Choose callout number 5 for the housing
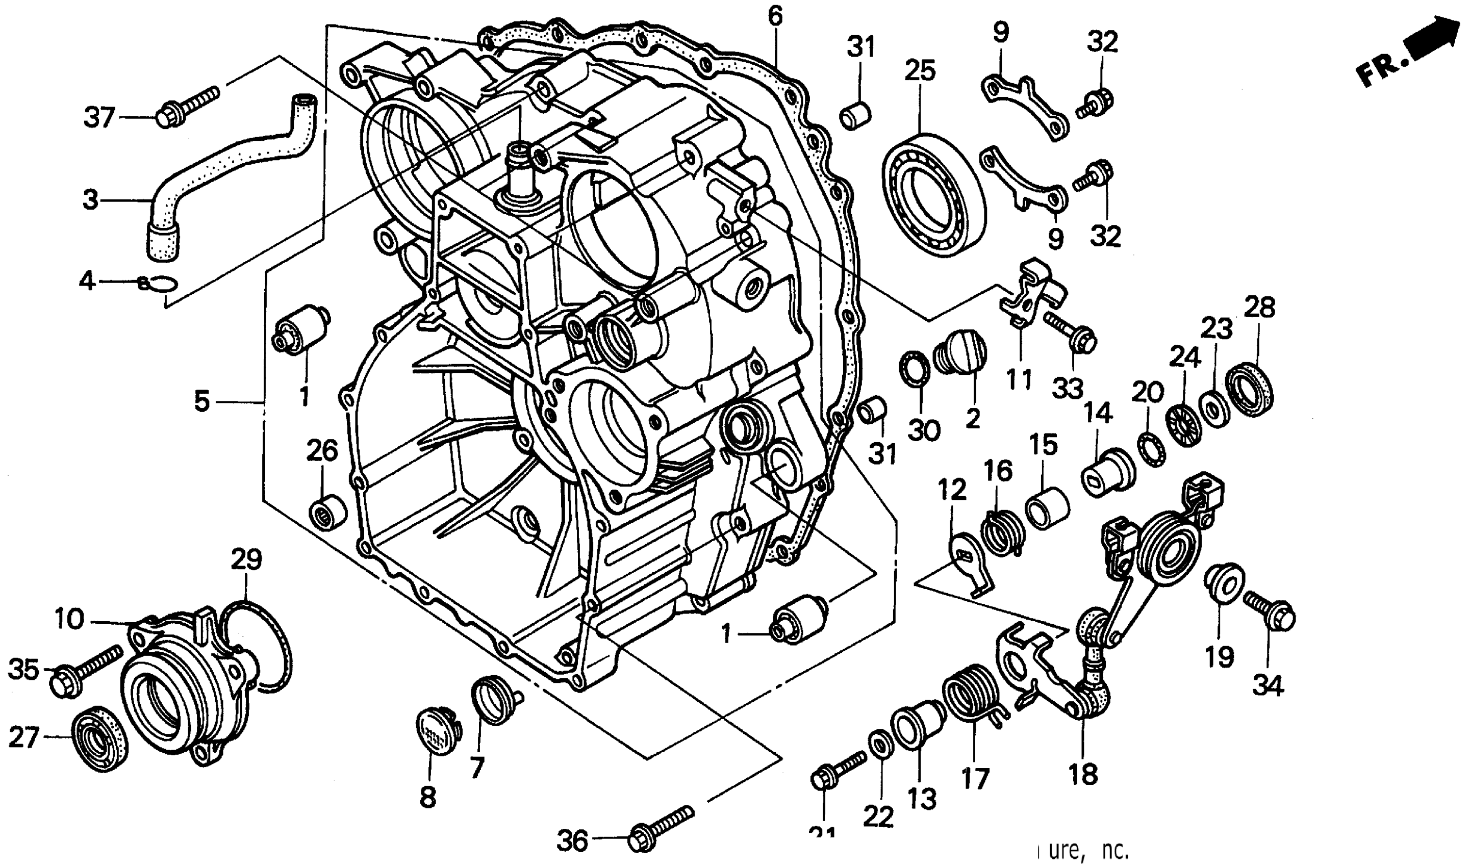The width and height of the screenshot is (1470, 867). [201, 402]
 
